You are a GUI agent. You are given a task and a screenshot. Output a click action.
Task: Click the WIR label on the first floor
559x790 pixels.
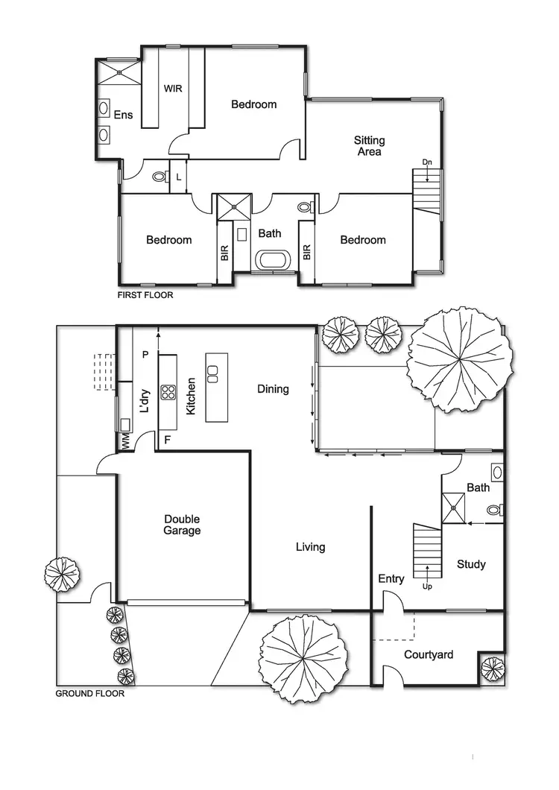click(x=173, y=88)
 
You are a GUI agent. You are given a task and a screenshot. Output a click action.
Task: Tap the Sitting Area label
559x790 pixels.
click(x=369, y=145)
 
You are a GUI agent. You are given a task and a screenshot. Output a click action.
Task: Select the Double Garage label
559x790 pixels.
click(x=182, y=525)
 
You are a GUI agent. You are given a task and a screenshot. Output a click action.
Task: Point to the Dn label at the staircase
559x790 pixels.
click(x=427, y=162)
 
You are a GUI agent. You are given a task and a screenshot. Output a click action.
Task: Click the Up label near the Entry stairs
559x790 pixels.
click(x=427, y=586)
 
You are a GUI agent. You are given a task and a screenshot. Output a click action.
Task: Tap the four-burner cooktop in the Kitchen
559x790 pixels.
click(x=168, y=392)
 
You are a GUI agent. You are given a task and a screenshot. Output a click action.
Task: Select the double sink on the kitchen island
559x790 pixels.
click(x=212, y=373)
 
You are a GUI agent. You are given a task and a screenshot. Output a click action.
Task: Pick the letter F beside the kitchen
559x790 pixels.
click(x=167, y=440)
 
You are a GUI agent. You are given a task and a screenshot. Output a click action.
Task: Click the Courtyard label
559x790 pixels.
click(x=429, y=654)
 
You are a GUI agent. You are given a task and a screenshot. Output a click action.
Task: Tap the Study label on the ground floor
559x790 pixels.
click(x=471, y=564)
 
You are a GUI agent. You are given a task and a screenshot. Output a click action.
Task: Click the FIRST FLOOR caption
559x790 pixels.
click(x=145, y=295)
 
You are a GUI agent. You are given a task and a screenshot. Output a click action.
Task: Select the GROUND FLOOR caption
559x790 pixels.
click(x=90, y=693)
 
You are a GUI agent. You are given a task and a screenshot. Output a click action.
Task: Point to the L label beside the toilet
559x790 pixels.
click(x=178, y=177)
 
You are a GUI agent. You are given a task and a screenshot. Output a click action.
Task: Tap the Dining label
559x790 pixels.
click(x=273, y=388)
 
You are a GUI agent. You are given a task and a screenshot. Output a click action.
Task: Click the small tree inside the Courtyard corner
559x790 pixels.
click(x=492, y=669)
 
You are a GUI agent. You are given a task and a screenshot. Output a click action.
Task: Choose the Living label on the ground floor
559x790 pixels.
click(x=310, y=547)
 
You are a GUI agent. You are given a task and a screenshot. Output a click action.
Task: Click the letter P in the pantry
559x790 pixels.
click(x=145, y=354)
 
